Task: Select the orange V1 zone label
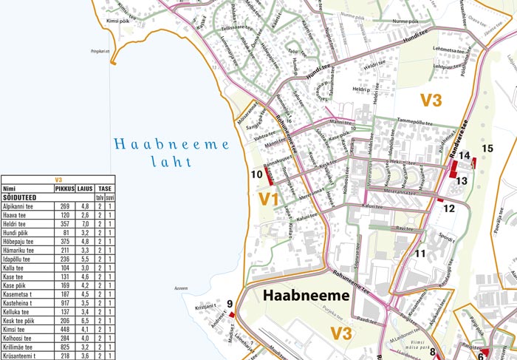[x=268, y=198]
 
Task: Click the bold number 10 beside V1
[x=256, y=175]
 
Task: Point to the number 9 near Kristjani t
[x=230, y=303]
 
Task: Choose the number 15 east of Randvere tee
[x=487, y=149]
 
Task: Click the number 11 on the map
[x=420, y=254]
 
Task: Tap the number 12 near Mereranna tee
[x=449, y=208]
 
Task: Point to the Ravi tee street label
[x=404, y=228]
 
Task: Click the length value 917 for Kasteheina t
[x=65, y=302]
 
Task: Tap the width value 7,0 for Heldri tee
[x=85, y=223]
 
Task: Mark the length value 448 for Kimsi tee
[x=65, y=329]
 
